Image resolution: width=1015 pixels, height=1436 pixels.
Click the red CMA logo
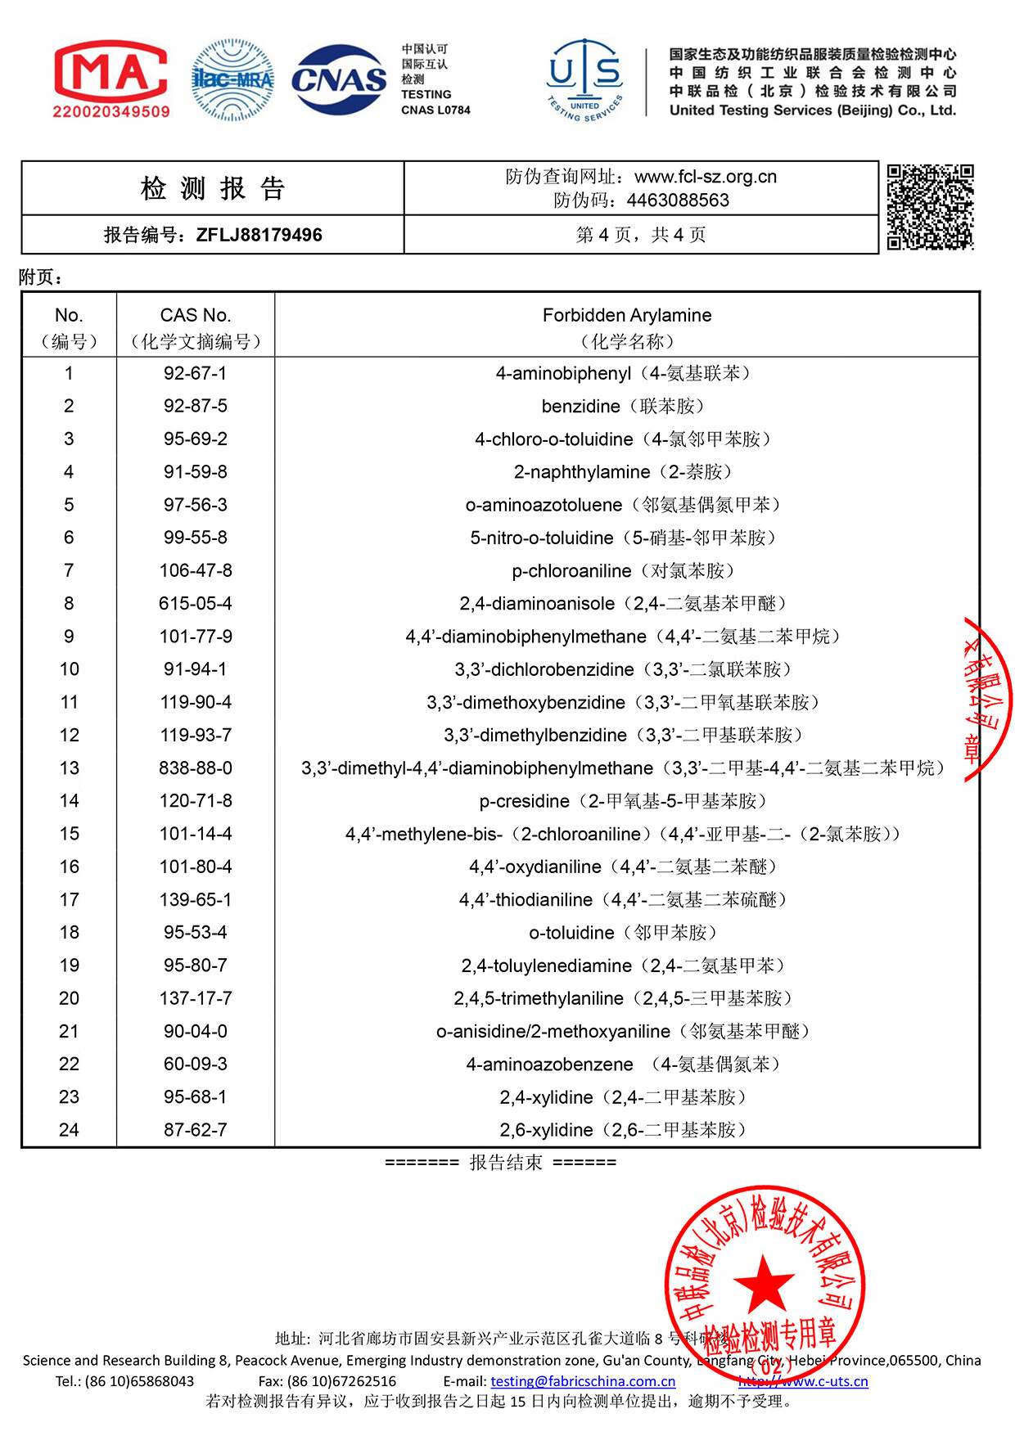(111, 79)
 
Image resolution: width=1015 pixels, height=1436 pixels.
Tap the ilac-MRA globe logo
(232, 80)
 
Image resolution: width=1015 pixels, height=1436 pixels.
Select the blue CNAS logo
(339, 80)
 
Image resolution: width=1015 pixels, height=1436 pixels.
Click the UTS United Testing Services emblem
(584, 79)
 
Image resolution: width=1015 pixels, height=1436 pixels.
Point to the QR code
(930, 206)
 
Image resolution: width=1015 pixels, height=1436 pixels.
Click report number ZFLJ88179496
(259, 236)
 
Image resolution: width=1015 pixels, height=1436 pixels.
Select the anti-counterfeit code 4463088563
(678, 200)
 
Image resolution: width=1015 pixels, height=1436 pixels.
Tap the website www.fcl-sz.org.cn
(705, 177)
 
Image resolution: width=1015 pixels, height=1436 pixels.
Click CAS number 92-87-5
(196, 407)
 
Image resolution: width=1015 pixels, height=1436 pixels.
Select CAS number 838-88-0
(196, 768)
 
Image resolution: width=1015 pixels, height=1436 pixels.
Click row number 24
(69, 1130)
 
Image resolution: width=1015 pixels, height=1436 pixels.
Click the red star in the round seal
(765, 1283)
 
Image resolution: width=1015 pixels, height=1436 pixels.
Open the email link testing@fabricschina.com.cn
(583, 1381)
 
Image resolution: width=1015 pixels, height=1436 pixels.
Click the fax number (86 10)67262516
(341, 1381)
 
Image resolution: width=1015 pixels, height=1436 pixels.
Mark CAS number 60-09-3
(196, 1065)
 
